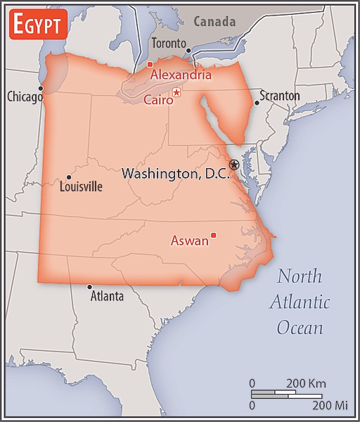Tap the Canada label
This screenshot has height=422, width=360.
point(214,21)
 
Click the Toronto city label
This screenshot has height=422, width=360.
point(169,44)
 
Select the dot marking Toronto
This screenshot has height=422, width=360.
point(188,51)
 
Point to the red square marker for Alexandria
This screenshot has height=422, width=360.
point(150,65)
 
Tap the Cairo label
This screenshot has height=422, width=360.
point(157,100)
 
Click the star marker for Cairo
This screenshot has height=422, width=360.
point(176,92)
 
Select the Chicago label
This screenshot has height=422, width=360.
point(25,97)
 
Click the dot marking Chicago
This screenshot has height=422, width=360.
point(41,88)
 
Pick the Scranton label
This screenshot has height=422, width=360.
point(280,96)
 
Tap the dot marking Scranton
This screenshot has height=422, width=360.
point(257,103)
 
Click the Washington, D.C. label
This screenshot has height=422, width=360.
point(176,173)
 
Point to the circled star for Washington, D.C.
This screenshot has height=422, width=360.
point(234,165)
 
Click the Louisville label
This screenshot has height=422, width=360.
point(81,187)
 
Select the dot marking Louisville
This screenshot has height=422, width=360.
point(68,177)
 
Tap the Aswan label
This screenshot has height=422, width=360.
point(190,241)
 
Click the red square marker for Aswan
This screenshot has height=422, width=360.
point(214,235)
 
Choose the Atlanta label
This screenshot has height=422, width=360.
point(107,296)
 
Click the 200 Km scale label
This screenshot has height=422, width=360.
point(306,383)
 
